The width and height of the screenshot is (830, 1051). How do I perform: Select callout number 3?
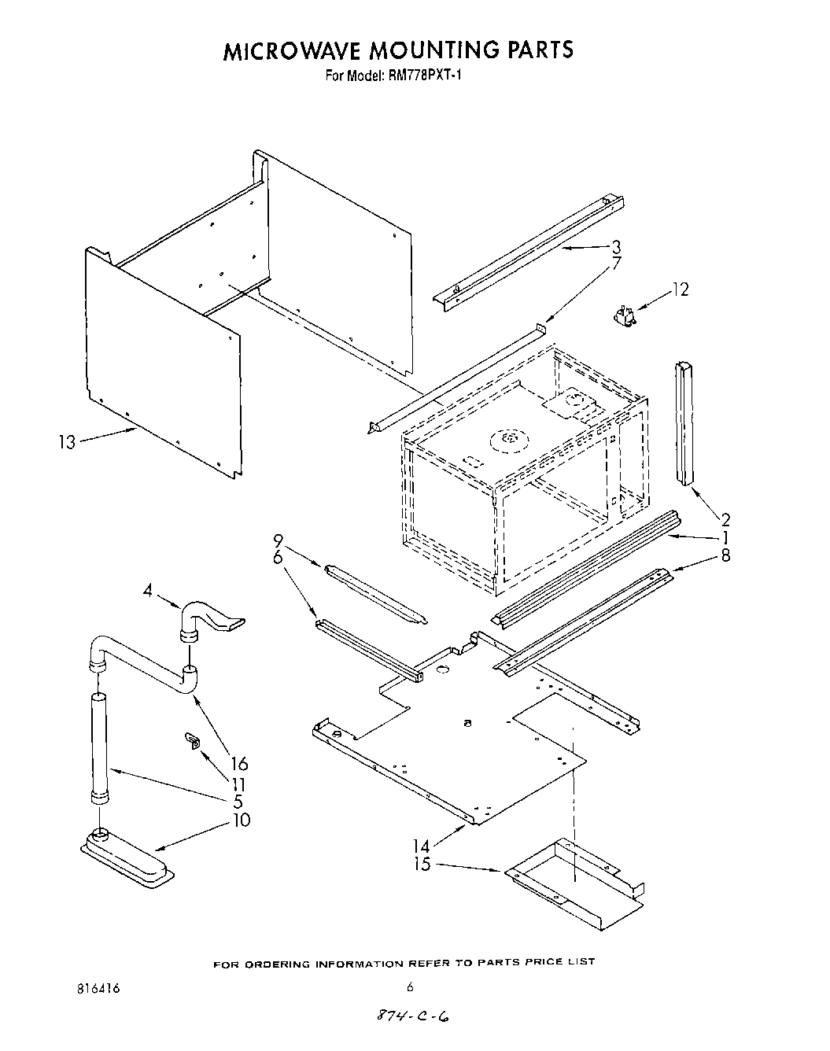[615, 246]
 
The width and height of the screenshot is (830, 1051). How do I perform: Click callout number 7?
[616, 264]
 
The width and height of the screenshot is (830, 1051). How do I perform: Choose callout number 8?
[725, 555]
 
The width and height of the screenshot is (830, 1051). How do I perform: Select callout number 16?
[239, 763]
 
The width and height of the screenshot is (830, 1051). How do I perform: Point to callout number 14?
[421, 846]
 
